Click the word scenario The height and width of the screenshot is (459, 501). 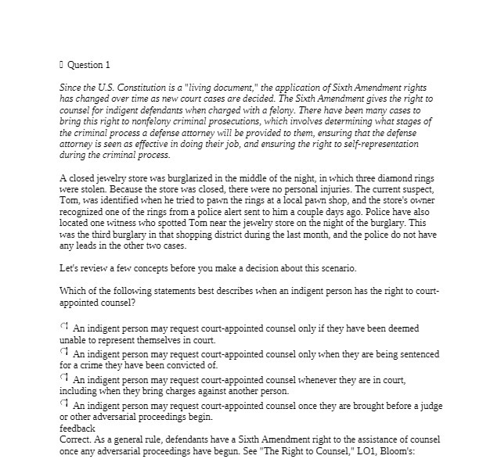click(333, 269)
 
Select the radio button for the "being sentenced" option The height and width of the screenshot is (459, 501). click(64, 352)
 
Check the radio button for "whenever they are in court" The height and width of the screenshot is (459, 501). click(64, 378)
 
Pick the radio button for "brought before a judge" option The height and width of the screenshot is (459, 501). click(64, 404)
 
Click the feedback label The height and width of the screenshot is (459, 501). click(77, 429)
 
